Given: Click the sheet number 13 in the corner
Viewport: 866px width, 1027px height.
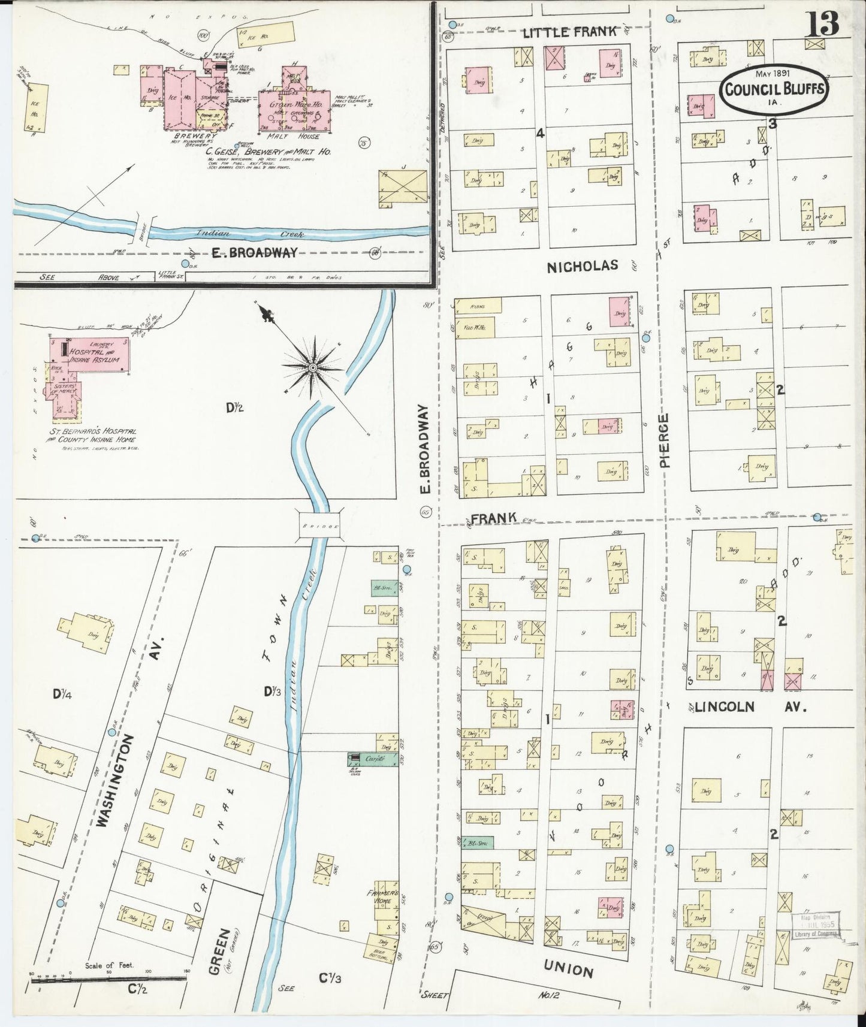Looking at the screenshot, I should pos(822,24).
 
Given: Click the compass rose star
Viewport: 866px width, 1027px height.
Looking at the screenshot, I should pos(313,367).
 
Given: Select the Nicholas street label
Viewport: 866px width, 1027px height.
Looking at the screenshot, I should pos(582,266).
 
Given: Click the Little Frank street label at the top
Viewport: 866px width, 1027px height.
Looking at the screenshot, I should pos(569,32).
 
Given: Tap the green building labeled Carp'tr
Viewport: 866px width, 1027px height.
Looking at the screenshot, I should pos(373,759).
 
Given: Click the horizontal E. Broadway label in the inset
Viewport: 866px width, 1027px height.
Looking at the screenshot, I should pos(254,253).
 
